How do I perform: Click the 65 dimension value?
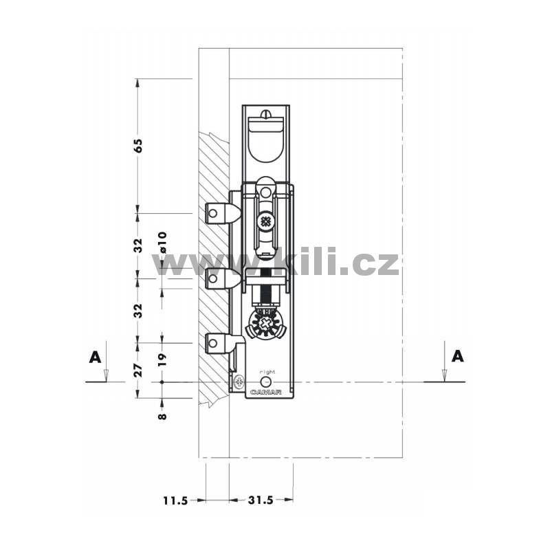140,146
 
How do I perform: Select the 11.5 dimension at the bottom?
176,500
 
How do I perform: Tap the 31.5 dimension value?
261,500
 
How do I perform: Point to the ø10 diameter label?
162,243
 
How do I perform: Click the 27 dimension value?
140,371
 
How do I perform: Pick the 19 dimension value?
162,360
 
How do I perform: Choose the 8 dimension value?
162,417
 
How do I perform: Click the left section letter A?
95,357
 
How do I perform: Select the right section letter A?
457,356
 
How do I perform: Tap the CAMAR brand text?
266,393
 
